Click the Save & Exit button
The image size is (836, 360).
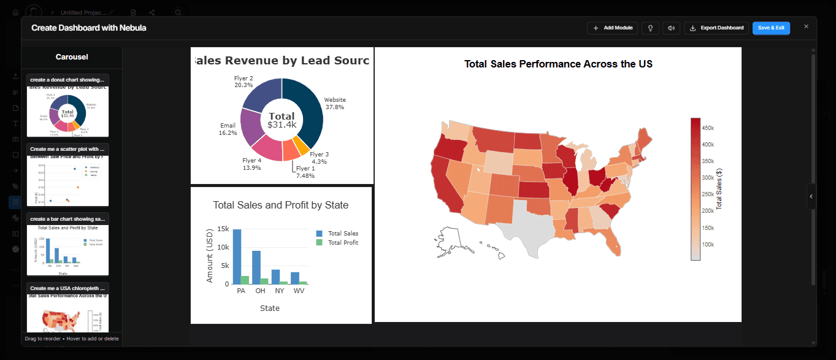771,28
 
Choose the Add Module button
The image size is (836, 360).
612,28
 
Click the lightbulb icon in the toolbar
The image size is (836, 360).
650,28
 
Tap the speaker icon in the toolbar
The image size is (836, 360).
672,28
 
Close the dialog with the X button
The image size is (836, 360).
806,26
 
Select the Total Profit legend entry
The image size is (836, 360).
342,243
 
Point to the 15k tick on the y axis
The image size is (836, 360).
221,229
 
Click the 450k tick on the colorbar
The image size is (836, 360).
707,128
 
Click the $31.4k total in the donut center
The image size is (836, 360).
282,124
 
